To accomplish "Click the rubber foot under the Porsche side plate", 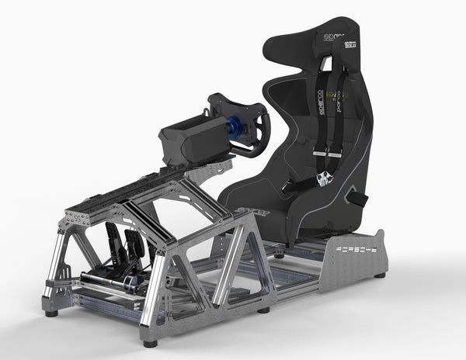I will click(380, 275).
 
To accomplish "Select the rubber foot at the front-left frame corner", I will click(51, 313).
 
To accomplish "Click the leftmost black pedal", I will click(112, 237).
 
